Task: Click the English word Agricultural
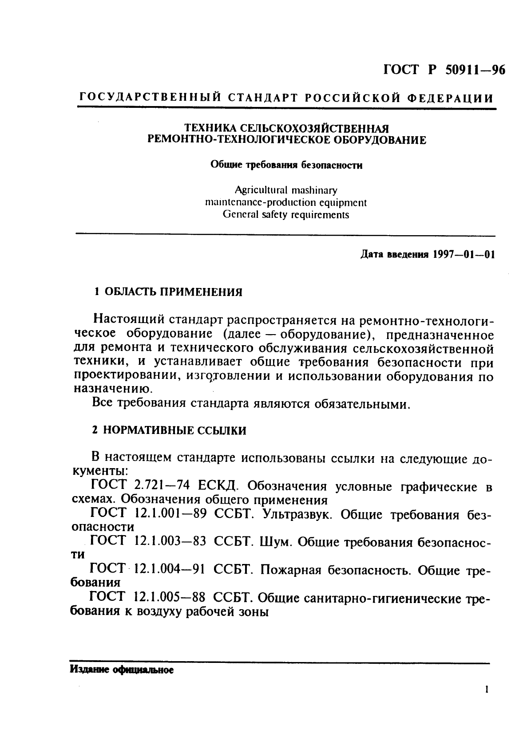261,190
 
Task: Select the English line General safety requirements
286,215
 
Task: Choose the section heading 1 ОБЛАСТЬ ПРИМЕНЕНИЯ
169,292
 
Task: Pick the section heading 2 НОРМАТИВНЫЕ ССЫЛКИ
169,430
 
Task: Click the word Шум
274,542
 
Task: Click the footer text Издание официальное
121,670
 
